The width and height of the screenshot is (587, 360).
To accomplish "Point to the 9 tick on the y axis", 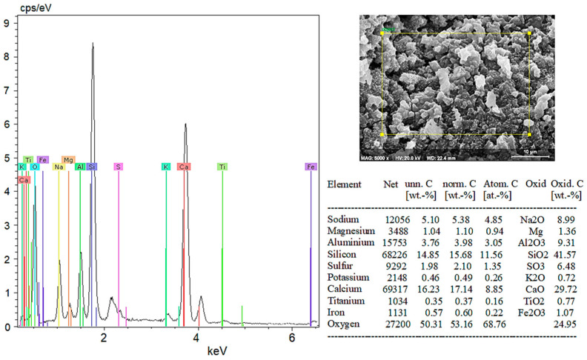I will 7,23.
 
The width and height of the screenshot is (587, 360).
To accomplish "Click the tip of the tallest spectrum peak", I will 93,44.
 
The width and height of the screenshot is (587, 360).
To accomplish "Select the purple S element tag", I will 118,167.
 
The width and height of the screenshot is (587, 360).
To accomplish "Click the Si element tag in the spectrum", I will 92,167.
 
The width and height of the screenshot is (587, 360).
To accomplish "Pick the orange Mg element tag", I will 68,159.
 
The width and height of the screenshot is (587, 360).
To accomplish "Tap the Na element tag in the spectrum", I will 59,167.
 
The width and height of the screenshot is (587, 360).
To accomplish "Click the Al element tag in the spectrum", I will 80,167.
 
